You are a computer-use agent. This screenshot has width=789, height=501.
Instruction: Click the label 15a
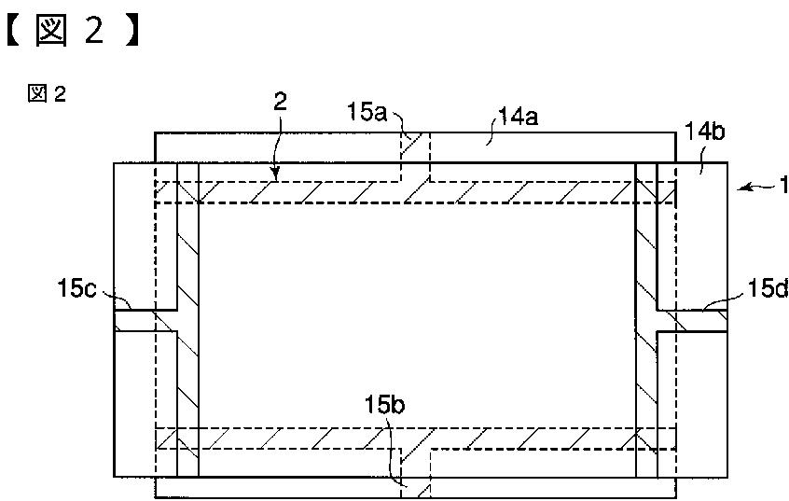tap(367, 112)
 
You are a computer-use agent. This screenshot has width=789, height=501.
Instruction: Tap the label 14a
tap(519, 117)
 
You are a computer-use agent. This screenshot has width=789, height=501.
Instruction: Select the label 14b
tap(704, 132)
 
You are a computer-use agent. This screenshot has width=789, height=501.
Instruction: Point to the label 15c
tap(76, 289)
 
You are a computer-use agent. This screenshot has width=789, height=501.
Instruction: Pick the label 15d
tap(768, 288)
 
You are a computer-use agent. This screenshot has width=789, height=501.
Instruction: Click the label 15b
tap(385, 404)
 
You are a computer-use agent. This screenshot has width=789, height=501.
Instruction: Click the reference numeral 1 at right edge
tap(784, 186)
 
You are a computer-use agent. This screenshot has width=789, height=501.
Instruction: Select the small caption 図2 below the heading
tap(47, 93)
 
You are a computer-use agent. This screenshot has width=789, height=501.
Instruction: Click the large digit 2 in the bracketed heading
tap(94, 30)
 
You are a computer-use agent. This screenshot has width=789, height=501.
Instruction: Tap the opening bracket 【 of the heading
tap(14, 31)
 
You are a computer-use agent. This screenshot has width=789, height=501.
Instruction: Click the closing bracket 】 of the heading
tap(131, 31)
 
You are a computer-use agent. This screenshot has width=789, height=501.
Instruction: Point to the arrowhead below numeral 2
tap(275, 174)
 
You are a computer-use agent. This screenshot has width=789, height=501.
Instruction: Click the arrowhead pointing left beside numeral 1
tap(744, 188)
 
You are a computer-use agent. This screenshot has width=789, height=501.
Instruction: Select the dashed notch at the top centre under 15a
tap(415, 157)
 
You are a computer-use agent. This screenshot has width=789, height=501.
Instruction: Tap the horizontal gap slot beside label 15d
tap(692, 321)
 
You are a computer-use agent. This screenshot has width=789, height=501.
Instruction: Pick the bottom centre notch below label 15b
tap(416, 473)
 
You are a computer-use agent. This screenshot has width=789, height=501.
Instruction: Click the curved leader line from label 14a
tap(495, 129)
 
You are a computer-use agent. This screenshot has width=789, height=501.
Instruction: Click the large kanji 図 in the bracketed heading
tap(50, 30)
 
